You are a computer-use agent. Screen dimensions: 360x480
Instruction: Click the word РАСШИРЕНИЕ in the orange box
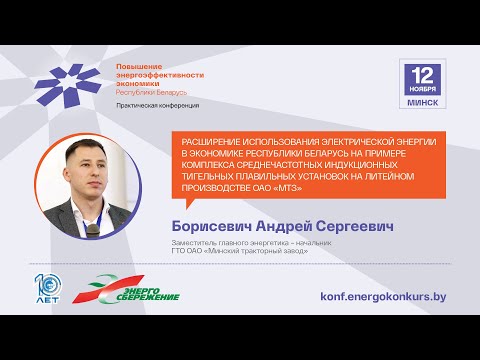[212, 142]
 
